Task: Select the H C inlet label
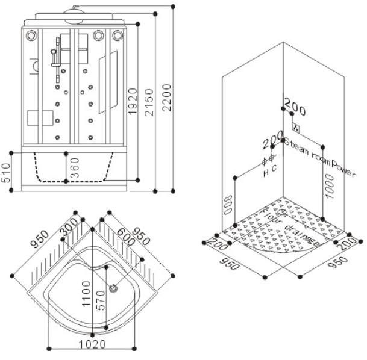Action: click(269, 171)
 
